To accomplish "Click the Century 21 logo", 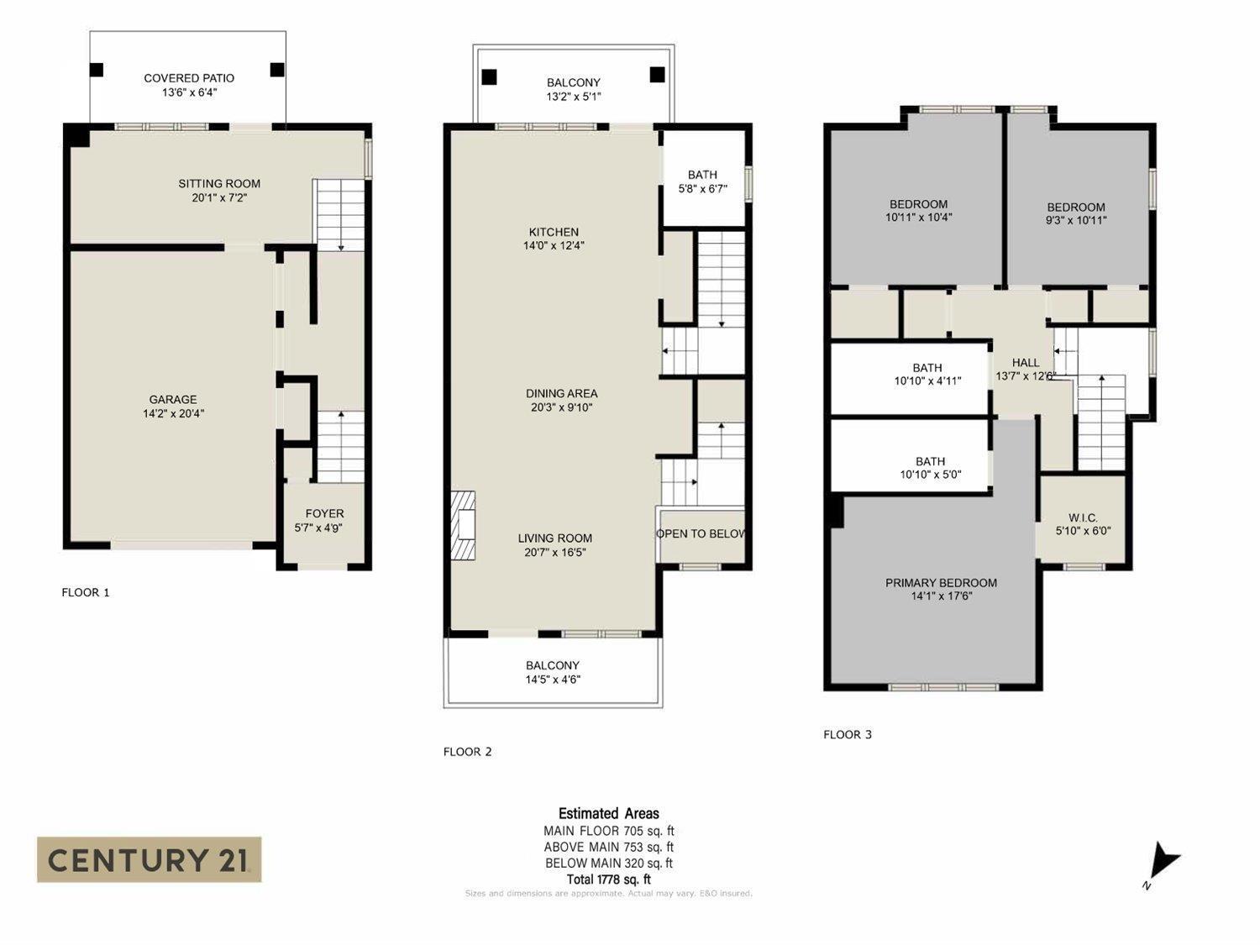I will pos(149,859).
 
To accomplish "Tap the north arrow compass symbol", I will pos(1163,862).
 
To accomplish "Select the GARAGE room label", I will pos(173,400).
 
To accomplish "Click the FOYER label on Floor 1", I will pos(324,513).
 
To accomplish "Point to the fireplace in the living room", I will pos(463,526).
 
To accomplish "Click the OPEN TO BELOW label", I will pos(701,533).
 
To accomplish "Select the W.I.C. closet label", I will pos(1083,517).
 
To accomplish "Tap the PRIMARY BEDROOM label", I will pos(941,583).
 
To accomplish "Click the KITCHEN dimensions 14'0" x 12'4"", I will pos(554,246).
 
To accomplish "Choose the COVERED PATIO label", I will pos(189,78).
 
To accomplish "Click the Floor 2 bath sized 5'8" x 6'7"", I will pos(702,182).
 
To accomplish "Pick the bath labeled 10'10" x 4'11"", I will pos(927,374).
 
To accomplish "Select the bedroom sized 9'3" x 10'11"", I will pos(1076,213).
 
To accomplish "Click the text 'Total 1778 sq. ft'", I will pos(609,879).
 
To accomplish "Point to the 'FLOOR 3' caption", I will pos(848,735).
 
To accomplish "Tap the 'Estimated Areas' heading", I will pos(609,813).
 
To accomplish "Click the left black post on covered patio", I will pos(97,71).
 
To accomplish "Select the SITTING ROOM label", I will pos(219,184).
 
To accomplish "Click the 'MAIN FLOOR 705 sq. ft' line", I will pos(609,831).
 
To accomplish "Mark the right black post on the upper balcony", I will pos(657,75).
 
